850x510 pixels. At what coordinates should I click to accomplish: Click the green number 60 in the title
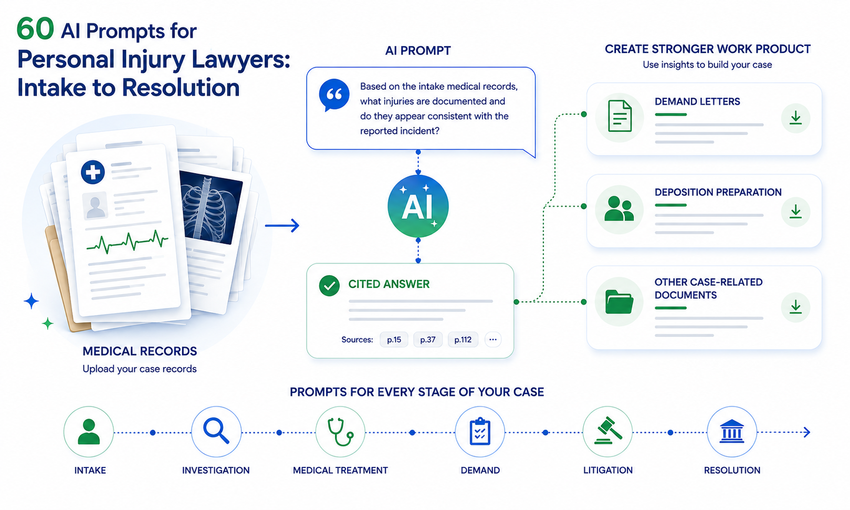[x=35, y=29]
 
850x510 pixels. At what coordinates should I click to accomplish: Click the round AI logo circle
[x=418, y=206]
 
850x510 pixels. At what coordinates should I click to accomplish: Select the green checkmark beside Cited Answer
[x=329, y=286]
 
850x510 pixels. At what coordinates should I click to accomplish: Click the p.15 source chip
[x=394, y=339]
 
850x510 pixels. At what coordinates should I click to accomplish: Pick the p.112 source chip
[x=463, y=339]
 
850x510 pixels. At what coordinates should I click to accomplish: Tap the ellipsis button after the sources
[x=493, y=339]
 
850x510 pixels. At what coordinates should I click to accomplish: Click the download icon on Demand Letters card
[x=795, y=118]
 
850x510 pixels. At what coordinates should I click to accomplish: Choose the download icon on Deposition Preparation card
[x=795, y=212]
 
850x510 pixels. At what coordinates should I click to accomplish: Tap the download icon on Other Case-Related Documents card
[x=795, y=307]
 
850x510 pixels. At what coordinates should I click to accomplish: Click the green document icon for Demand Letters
[x=620, y=116]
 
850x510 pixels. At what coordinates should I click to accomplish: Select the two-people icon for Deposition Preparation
[x=619, y=209]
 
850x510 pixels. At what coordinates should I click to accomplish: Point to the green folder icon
[x=620, y=302]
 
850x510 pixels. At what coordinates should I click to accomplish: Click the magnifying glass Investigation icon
[x=216, y=431]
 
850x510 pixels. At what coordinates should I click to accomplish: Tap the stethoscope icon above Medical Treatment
[x=340, y=432]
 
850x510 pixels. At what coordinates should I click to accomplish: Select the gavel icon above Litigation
[x=608, y=431]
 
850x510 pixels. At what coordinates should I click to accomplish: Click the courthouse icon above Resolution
[x=731, y=431]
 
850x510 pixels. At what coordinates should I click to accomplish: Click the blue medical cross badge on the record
[x=93, y=172]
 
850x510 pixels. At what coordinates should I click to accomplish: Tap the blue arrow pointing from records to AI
[x=282, y=225]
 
